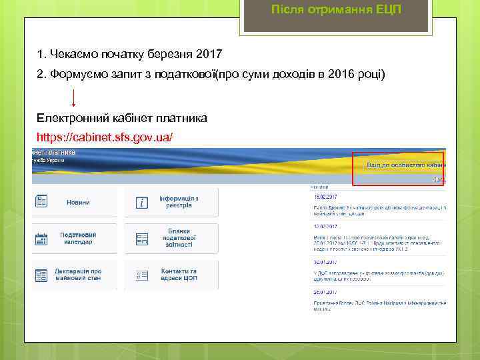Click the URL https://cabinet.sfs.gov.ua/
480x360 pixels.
coord(105,137)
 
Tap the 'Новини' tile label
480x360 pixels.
coord(78,202)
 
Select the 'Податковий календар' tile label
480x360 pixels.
coord(78,239)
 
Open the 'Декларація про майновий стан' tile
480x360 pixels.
coord(78,275)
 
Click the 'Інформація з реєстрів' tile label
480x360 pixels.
coord(179,202)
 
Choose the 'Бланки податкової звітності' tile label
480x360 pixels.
coord(179,239)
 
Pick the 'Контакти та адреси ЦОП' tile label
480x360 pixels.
coord(179,275)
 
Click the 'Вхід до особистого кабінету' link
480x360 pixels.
coord(405,165)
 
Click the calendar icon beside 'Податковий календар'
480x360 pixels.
coord(41,239)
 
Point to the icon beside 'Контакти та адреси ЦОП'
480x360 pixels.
coord(141,275)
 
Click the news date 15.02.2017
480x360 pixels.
coord(326,197)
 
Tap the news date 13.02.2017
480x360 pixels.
coord(326,226)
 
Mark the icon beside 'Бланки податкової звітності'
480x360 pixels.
coord(141,239)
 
